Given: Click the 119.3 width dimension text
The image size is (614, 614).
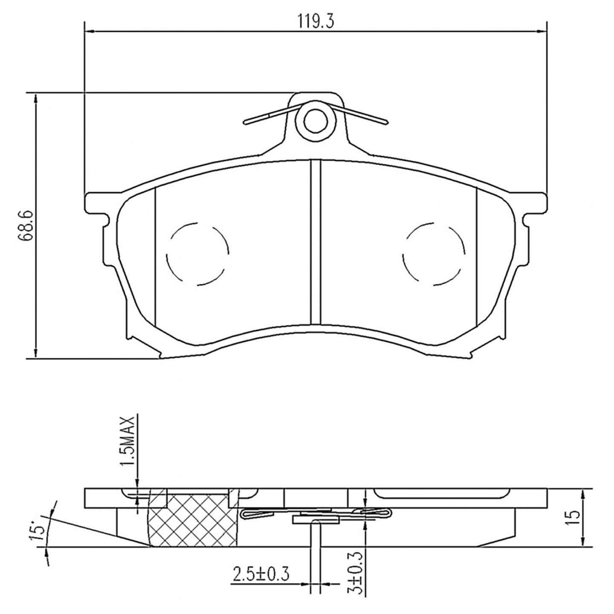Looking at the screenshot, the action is coord(316,21).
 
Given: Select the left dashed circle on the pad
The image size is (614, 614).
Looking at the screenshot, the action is coord(197,254).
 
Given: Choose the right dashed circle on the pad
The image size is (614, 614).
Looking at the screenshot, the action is coord(434,254).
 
